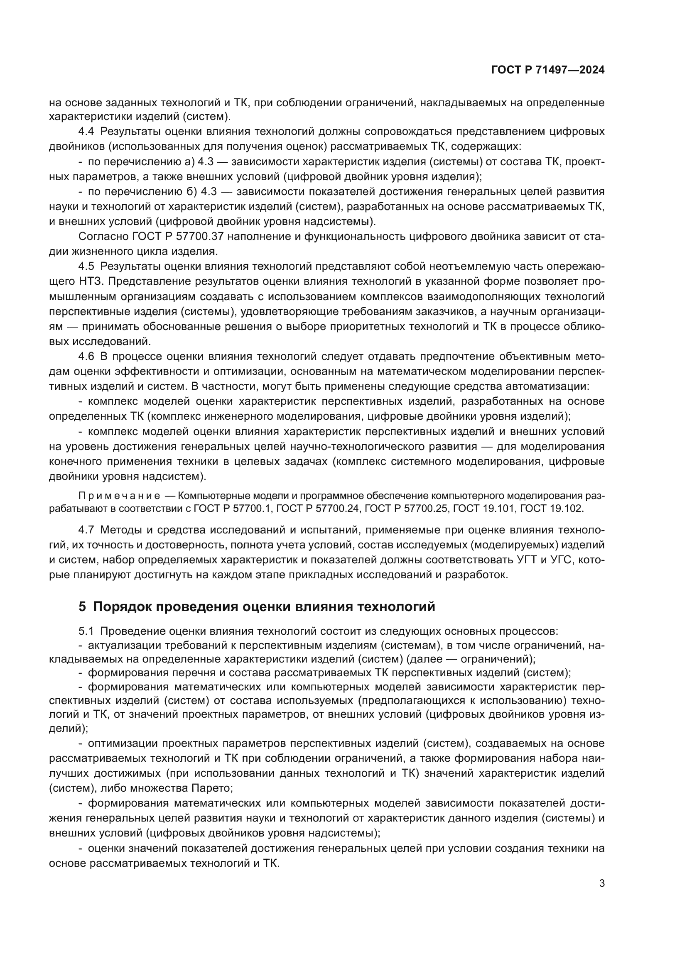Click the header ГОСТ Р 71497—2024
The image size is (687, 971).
547,70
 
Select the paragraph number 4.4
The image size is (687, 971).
86,132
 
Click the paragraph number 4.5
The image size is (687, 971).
86,267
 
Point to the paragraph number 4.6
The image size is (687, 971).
86,356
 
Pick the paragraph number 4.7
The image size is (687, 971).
86,530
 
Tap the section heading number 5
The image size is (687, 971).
82,607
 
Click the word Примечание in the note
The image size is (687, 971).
119,496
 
